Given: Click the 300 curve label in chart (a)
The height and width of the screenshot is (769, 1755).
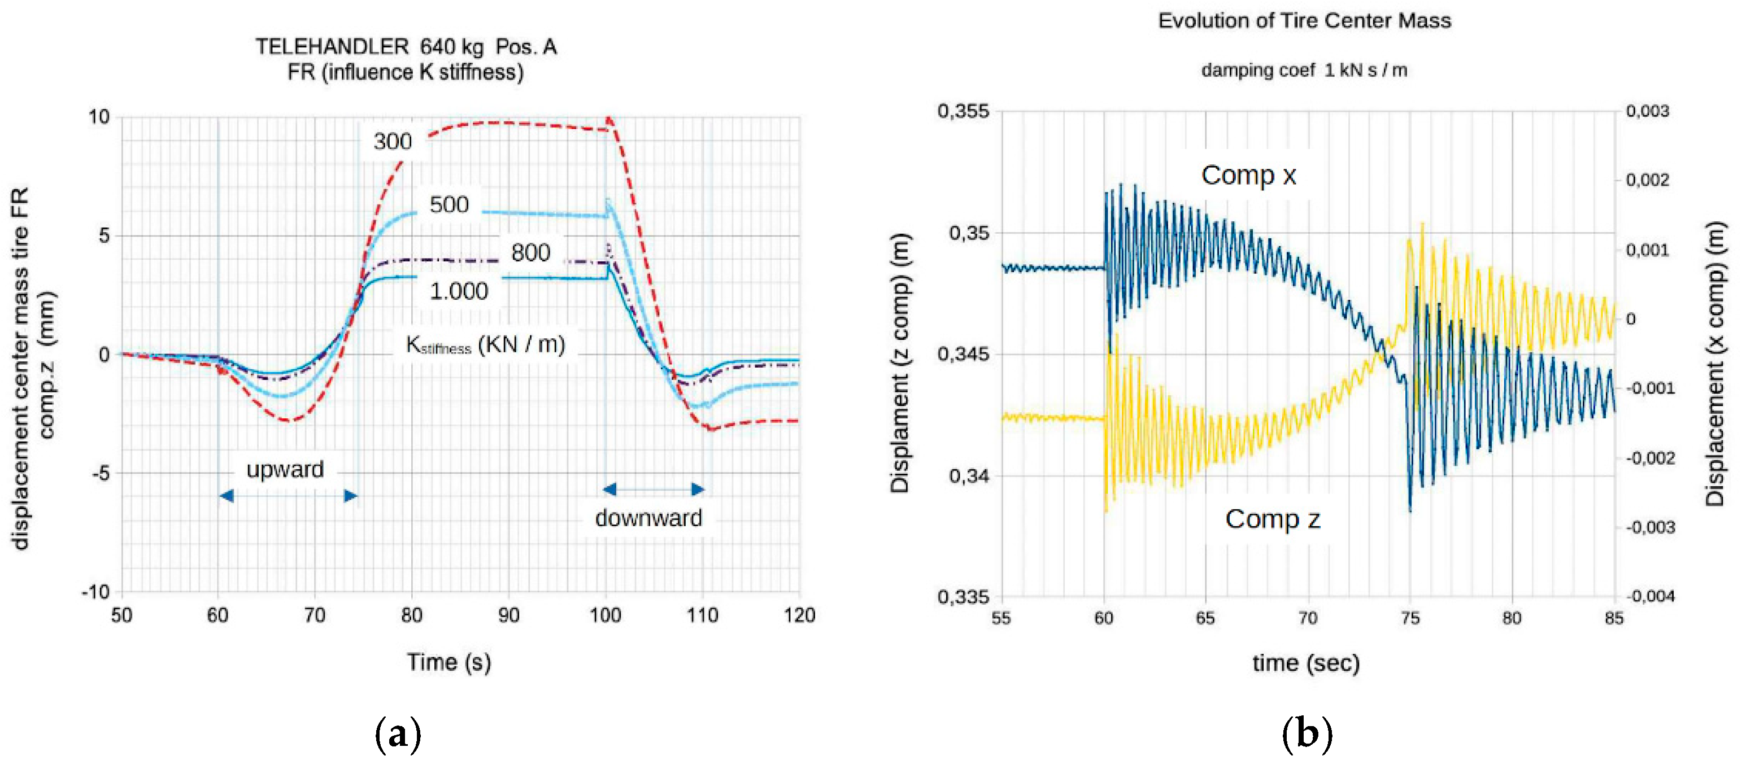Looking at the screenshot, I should pyautogui.click(x=393, y=142).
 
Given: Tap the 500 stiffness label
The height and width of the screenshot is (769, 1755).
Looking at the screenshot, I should pyautogui.click(x=449, y=204).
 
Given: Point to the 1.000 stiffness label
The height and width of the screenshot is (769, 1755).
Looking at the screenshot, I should pyautogui.click(x=459, y=291).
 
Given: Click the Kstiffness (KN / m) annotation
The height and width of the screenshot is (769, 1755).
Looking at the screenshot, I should pyautogui.click(x=485, y=344).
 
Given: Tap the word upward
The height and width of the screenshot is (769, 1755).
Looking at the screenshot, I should pyautogui.click(x=285, y=469).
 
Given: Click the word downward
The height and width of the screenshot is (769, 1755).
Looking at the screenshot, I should pyautogui.click(x=648, y=518).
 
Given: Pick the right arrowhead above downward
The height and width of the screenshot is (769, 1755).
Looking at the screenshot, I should pyautogui.click(x=698, y=489).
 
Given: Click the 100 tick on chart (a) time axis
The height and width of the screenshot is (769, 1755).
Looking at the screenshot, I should pyautogui.click(x=605, y=616).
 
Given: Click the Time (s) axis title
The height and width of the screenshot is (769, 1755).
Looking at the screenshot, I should pyautogui.click(x=449, y=662).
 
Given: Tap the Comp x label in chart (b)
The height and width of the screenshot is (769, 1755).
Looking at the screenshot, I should pyautogui.click(x=1248, y=176).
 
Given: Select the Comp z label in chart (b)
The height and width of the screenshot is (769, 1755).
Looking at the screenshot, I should pyautogui.click(x=1272, y=519).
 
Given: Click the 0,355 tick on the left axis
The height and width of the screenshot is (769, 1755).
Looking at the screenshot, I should pyautogui.click(x=963, y=111).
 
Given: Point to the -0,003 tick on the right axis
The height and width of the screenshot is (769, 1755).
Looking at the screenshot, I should pyautogui.click(x=1650, y=528).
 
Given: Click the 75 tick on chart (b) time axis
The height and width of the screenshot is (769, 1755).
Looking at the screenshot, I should pyautogui.click(x=1409, y=618).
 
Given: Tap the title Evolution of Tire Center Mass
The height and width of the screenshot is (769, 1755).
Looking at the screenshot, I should pyautogui.click(x=1304, y=21).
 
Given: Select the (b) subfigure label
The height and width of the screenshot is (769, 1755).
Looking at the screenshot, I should pyautogui.click(x=1306, y=734).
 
